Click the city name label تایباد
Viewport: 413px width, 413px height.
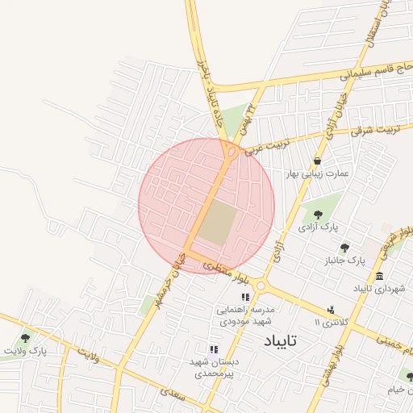280,341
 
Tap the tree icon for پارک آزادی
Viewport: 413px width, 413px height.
318,215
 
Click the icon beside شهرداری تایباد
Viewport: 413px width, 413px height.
379,277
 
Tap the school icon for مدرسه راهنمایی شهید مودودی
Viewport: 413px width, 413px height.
245,298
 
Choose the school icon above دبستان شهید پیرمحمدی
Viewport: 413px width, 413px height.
214,349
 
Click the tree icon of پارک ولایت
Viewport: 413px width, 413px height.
26,338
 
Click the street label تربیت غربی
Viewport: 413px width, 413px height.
261,144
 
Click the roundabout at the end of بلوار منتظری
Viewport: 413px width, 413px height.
261,286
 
